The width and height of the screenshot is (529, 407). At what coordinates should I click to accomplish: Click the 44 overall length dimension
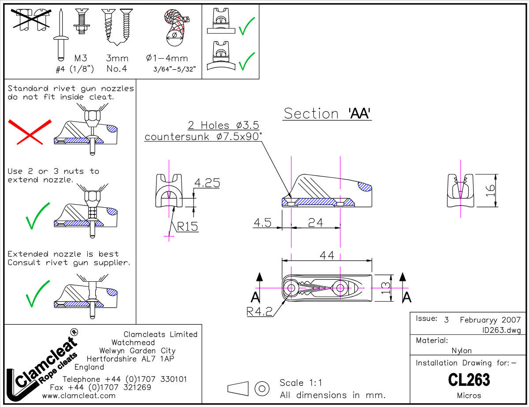coord(327,255)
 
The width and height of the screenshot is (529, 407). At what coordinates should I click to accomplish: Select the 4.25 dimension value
coord(207,183)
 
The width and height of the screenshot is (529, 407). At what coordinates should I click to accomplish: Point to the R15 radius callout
coord(187,227)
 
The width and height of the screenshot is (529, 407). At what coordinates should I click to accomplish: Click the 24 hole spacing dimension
coord(315,223)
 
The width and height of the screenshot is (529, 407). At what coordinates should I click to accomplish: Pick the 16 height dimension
coord(490,190)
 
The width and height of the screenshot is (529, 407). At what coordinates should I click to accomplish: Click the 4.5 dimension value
coord(262,223)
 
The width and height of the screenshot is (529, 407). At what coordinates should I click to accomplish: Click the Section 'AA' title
coord(327,113)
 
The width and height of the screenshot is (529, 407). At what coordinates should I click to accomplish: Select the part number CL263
coord(469,380)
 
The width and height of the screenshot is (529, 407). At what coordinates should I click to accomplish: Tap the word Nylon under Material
coord(462,351)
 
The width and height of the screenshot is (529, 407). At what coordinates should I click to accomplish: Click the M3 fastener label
coord(81,58)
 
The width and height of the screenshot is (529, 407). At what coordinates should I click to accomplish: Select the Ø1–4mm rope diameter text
coord(167,58)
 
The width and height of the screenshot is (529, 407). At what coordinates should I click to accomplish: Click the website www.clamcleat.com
coord(79,396)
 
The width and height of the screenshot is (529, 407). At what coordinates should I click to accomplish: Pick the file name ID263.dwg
coord(502,330)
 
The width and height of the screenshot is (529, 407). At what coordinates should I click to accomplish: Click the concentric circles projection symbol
coord(262,388)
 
